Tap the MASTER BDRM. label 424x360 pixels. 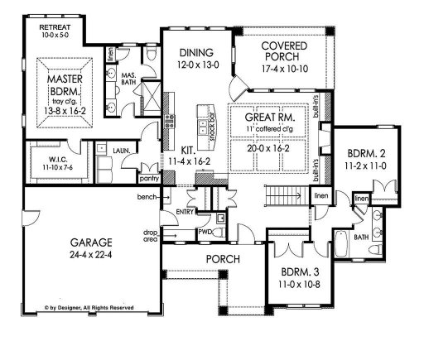pos(62,81)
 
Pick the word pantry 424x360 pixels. pos(149,177)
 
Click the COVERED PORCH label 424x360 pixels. pos(282,50)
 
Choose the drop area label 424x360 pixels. pos(150,235)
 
